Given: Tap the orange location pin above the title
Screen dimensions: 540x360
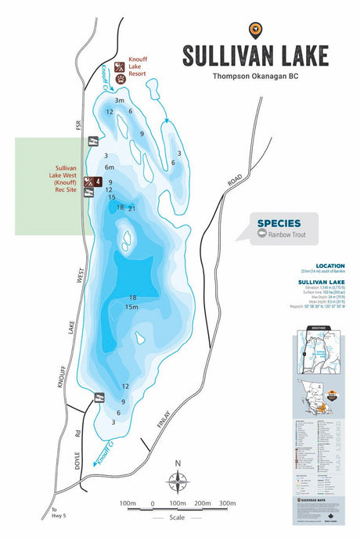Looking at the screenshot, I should coord(255,31).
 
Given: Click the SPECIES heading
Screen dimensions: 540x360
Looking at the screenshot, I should coord(278,223).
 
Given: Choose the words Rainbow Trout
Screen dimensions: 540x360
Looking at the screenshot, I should coord(287,234).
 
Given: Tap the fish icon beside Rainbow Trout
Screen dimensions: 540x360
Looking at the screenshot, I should coord(262,234).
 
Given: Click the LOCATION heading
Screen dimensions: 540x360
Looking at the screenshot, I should coord(330,266).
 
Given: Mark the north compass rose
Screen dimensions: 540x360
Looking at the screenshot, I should coord(178,482).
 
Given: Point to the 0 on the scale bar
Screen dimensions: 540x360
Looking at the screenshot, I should coord(153,502).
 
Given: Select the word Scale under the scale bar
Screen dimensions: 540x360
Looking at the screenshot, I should coord(178,517).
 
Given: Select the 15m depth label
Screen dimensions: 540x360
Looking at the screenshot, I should coord(132,307).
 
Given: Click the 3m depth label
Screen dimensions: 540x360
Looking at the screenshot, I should coord(120,100).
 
